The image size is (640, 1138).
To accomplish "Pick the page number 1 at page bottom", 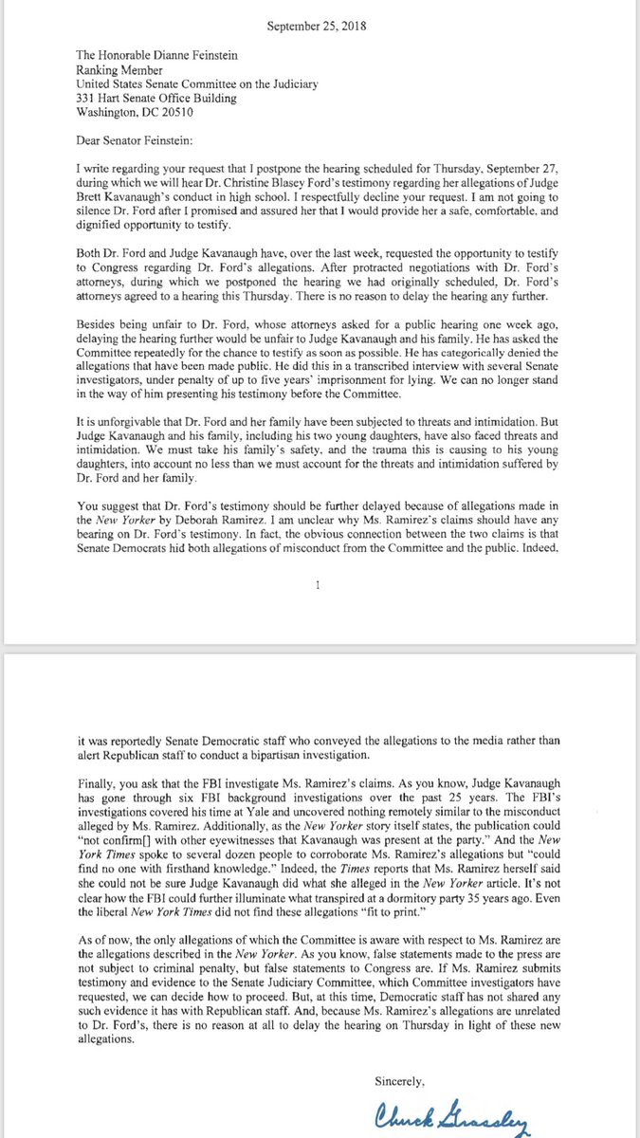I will [319, 585].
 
